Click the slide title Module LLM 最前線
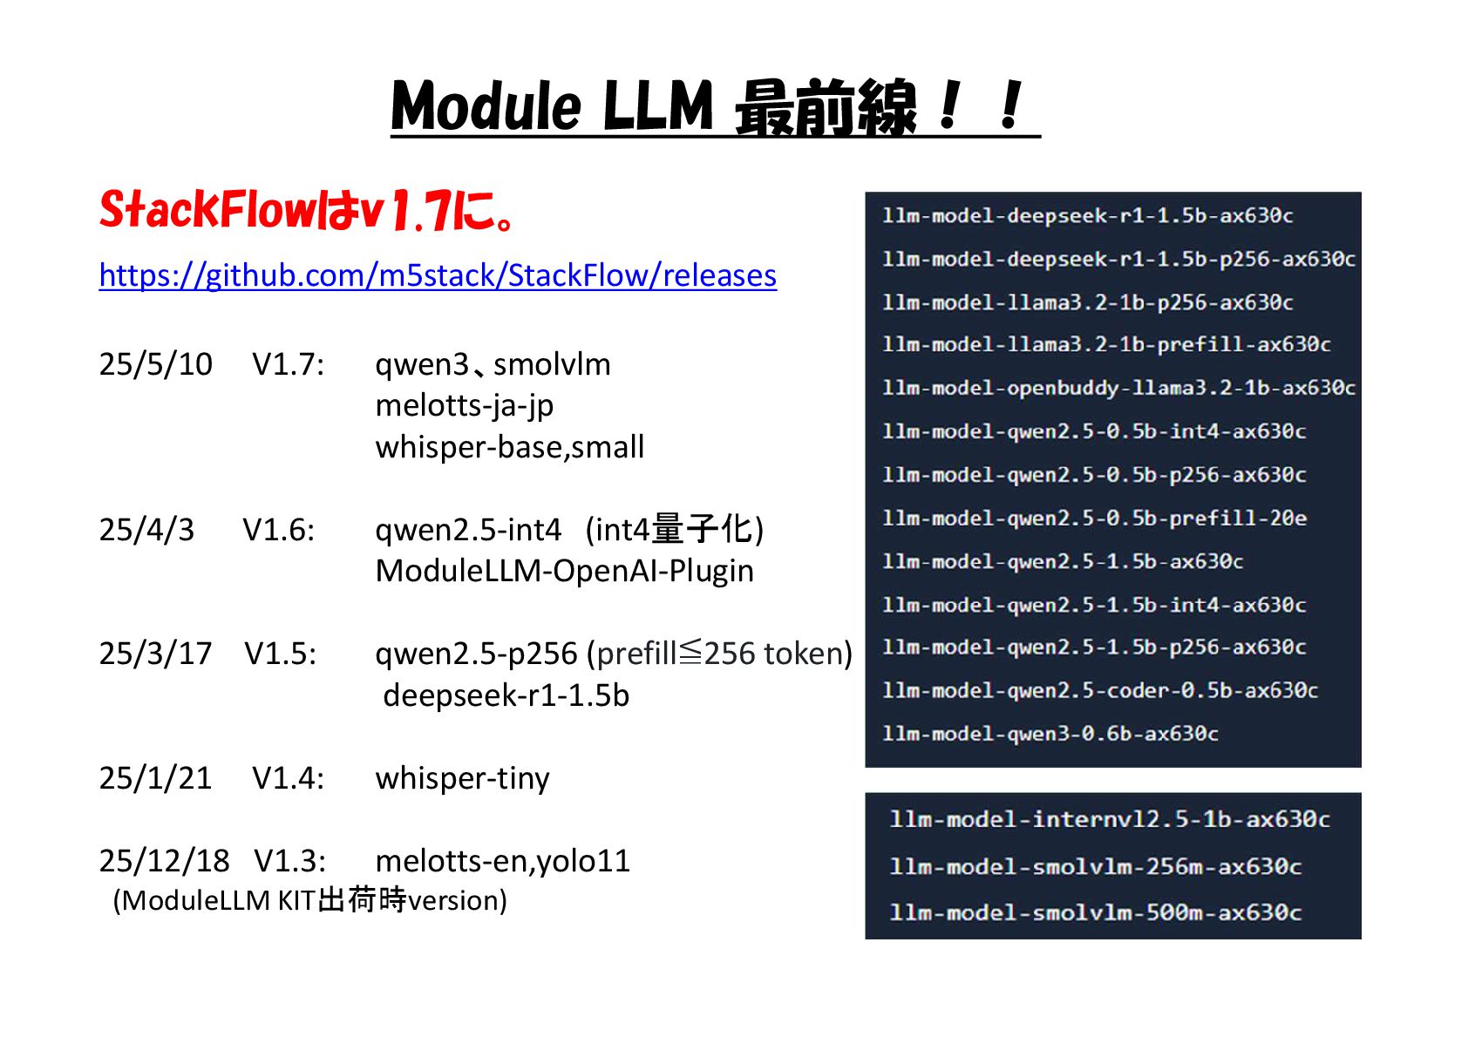pos(715,106)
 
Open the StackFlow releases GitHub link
pos(438,275)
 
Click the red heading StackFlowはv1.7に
pos(307,211)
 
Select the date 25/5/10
pos(155,364)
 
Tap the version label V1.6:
pos(279,530)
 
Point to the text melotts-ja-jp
pos(464,405)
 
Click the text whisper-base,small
pos(509,447)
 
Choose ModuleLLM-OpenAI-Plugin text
pos(564,571)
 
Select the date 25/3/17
pos(155,654)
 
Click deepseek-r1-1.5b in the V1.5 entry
pos(506,695)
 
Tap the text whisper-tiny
pos(462,778)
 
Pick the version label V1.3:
pos(290,861)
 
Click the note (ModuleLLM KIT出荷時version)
pos(309,900)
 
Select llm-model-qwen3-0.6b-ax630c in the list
pos(1050,734)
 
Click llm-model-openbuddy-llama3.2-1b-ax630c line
pos(1118,388)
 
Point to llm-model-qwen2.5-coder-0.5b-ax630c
pos(1099,690)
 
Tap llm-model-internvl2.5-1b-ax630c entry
pos(1109,819)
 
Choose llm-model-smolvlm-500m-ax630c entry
pos(1095,912)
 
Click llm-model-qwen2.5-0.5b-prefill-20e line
pos(1094,518)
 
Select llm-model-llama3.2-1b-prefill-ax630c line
pos(1106,345)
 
